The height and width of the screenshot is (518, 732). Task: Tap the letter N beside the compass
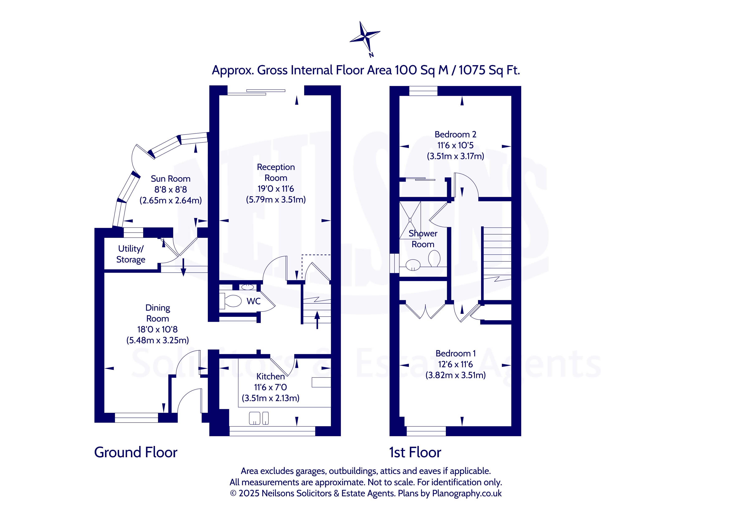(x=371, y=55)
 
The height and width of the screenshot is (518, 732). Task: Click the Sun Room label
(x=171, y=179)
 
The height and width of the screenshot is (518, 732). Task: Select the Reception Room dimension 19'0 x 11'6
(x=276, y=189)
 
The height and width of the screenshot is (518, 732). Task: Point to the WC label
(x=253, y=301)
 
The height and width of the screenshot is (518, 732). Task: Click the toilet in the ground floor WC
(x=230, y=301)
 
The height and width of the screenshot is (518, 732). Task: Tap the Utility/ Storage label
(x=131, y=254)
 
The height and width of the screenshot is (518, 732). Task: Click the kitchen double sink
(x=259, y=418)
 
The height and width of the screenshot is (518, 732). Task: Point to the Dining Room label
(x=158, y=313)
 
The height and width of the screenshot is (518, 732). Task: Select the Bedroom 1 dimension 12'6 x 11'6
(x=455, y=364)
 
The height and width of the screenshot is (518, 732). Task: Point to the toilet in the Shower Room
(x=434, y=258)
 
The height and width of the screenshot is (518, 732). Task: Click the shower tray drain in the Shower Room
(x=410, y=220)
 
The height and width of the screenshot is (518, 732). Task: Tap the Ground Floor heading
(x=135, y=452)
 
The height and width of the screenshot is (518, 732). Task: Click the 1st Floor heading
(x=415, y=452)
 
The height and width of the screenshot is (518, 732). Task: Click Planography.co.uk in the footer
(x=467, y=493)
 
